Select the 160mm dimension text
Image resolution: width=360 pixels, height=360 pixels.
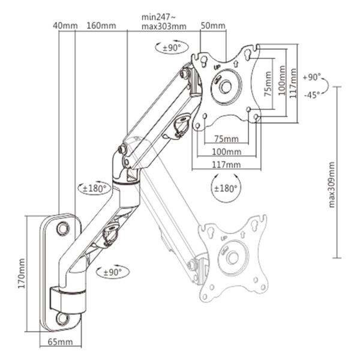coord(101,26)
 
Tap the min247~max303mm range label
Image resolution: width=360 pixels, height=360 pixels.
coord(164,22)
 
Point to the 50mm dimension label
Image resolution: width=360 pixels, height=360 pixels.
coord(213,26)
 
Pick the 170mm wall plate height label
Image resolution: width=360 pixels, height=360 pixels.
coord(22,273)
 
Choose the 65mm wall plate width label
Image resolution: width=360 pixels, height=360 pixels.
coord(61,341)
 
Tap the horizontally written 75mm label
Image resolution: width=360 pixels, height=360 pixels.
coord(226,139)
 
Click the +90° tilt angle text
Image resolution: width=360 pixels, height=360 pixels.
coord(312,77)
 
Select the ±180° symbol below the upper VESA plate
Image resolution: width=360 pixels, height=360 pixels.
coord(226,188)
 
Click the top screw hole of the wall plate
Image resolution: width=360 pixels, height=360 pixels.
coord(63,229)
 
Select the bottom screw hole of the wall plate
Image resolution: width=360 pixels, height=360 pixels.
coord(62,317)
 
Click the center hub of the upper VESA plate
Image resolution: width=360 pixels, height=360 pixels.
coord(226,86)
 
